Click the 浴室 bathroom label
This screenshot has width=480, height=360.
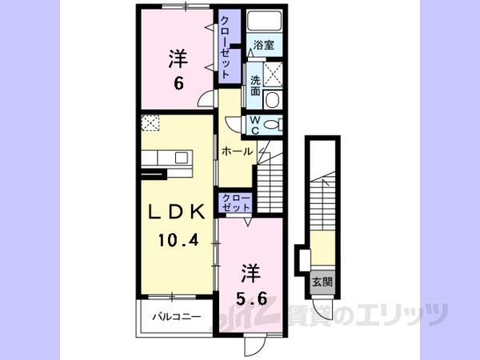click(x=264, y=46)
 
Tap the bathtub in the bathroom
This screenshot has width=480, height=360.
click(x=264, y=22)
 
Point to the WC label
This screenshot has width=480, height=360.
click(x=254, y=125)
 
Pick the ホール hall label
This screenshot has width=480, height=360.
click(x=236, y=151)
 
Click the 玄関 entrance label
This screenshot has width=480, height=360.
click(x=322, y=282)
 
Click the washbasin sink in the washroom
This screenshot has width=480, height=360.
click(x=272, y=101)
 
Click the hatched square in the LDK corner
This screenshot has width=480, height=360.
click(x=150, y=122)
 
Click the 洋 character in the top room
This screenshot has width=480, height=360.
click(x=178, y=58)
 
